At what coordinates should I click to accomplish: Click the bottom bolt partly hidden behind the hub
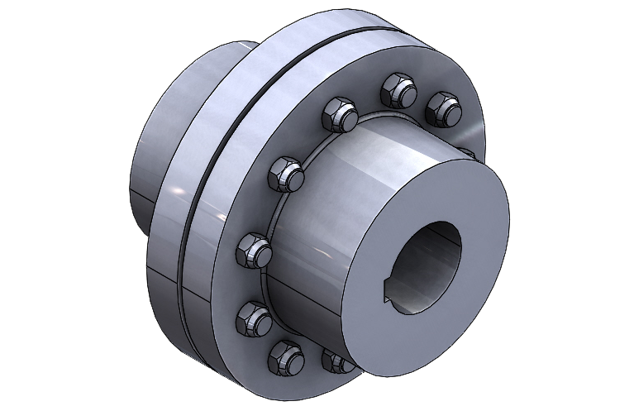pos(336,361)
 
